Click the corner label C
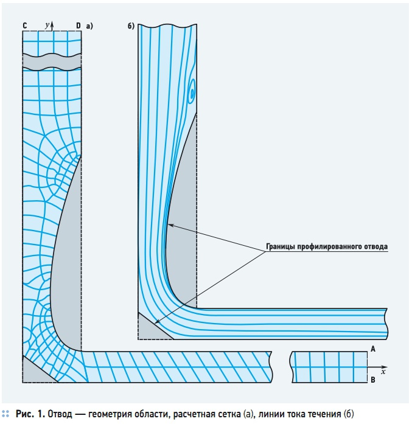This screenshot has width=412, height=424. (x=25, y=26)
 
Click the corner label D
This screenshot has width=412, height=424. (x=78, y=26)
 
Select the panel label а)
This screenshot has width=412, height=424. (x=89, y=26)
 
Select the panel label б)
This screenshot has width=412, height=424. (x=131, y=26)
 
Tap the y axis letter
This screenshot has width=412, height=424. (x=47, y=25)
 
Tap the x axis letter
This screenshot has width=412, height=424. (x=383, y=372)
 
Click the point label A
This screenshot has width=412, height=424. (x=373, y=349)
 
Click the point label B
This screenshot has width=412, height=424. (x=373, y=380)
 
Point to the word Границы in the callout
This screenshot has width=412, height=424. (x=281, y=246)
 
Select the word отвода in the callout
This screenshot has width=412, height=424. (x=375, y=246)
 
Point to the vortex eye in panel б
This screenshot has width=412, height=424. (x=192, y=94)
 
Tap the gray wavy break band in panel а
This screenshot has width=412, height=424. (x=52, y=62)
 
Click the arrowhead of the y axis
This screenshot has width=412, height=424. (x=52, y=23)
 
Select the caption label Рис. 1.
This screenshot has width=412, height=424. (x=30, y=414)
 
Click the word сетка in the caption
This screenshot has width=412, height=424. (x=228, y=414)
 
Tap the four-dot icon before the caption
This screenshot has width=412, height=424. (x=5, y=414)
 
